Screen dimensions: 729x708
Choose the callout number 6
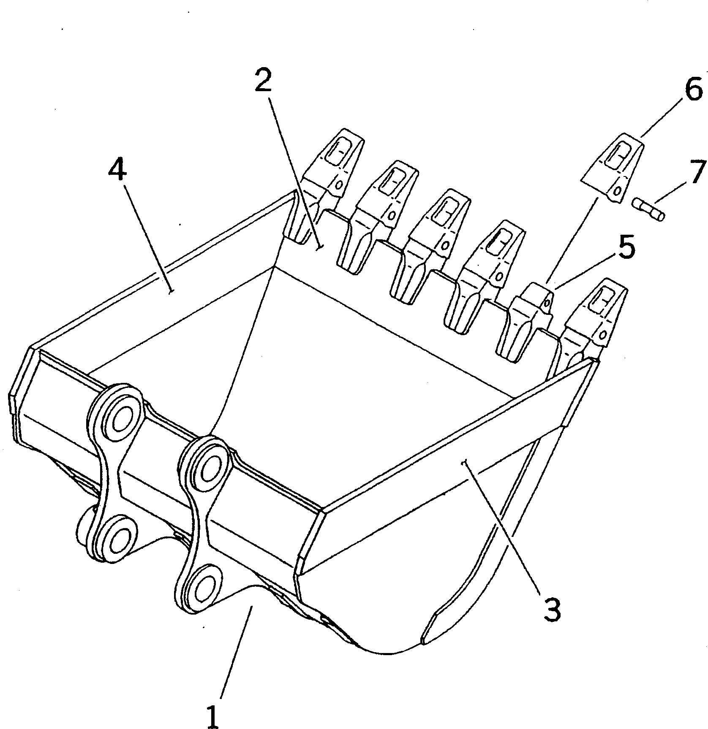point(693,90)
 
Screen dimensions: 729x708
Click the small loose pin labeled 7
point(648,210)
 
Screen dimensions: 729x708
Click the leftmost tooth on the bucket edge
point(325,186)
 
